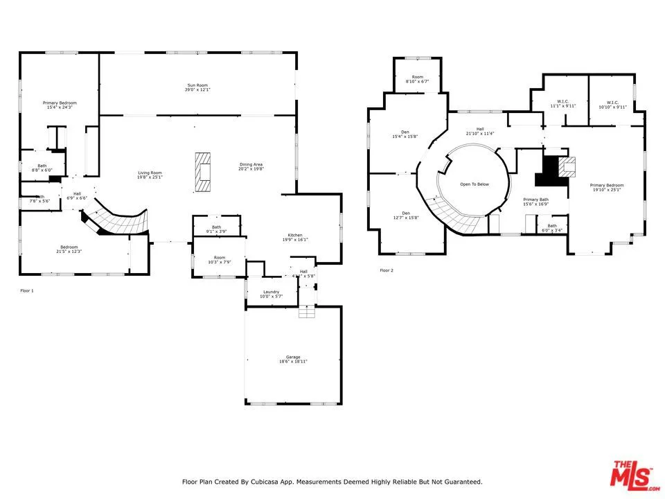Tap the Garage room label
pos(293,359)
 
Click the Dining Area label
pos(250,166)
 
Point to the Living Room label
pos(150,175)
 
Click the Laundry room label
pos(271,294)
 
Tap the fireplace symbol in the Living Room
pos(203,171)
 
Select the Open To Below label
pos(475,184)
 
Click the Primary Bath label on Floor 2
pos(535,202)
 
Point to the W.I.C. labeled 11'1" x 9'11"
pos(562,104)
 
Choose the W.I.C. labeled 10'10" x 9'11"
pos(612,104)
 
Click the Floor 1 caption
pos(26,290)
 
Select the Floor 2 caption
pos(387,270)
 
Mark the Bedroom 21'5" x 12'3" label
pos(69,249)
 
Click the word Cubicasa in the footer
pos(272,482)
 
